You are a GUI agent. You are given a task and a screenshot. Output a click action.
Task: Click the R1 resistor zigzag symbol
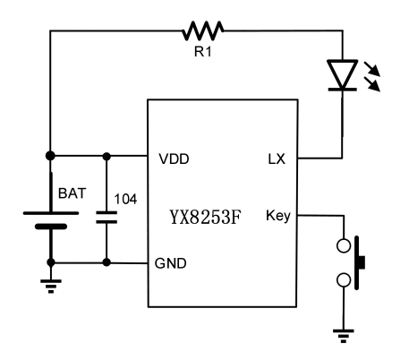pos(203,30)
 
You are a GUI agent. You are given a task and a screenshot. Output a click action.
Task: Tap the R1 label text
pos(203,52)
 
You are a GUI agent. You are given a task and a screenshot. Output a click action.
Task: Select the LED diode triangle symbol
pos(343,74)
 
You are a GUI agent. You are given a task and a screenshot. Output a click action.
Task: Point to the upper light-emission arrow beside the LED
pos(371,69)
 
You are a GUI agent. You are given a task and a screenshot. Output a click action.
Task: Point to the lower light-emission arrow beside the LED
pos(372,84)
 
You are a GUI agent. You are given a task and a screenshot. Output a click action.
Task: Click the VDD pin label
pos(174,159)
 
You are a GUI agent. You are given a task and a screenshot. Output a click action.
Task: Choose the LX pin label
pos(277,159)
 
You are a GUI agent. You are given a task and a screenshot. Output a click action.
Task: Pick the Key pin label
pos(278,216)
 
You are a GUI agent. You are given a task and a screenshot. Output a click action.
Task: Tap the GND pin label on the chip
pos(171,263)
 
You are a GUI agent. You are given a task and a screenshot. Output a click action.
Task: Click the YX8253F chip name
pos(205,217)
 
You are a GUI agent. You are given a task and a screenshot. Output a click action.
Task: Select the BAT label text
pos(72,193)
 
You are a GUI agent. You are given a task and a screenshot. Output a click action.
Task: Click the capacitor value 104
pos(125,199)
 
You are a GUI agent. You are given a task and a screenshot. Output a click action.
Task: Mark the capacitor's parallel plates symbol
pos(107,218)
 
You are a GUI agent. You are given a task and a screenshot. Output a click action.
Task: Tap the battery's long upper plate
pos(51,213)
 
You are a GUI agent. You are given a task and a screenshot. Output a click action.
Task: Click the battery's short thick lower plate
pos(51,227)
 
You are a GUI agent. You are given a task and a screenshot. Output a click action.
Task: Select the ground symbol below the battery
pos(51,287)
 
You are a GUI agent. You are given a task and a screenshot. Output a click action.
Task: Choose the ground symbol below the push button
pos(344,336)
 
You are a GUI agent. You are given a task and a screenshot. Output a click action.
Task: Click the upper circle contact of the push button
pos(344,245)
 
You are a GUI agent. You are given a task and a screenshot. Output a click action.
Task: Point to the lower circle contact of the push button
pos(344,280)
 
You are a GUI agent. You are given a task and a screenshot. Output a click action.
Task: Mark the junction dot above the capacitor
pos(107,156)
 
